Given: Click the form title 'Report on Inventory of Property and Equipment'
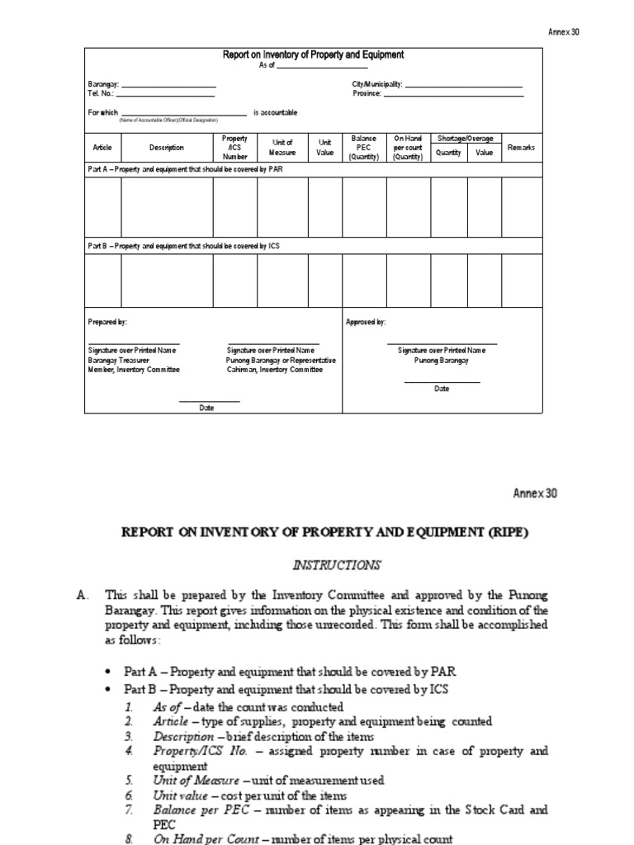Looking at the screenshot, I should (x=313, y=55).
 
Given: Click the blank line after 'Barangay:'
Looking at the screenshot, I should (x=168, y=87).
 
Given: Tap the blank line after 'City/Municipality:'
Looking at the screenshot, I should (x=464, y=87).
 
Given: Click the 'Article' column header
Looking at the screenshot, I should (x=102, y=148).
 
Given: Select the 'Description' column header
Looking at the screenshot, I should (x=167, y=148).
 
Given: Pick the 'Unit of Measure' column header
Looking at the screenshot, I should (x=282, y=148).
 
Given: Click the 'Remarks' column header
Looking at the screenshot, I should (x=522, y=148).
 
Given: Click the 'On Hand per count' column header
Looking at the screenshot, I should (x=408, y=148).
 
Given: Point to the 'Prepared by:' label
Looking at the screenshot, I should (x=107, y=322).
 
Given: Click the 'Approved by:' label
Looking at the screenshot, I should (x=366, y=322).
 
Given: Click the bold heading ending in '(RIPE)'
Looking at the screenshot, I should (x=324, y=533).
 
